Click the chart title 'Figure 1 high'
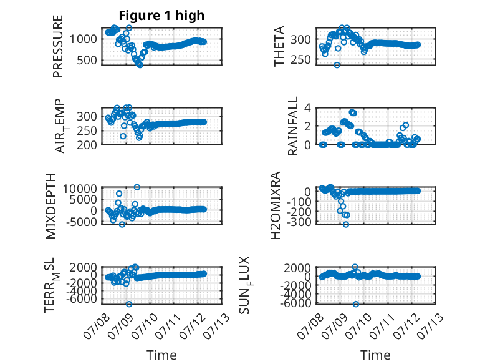pyautogui.click(x=161, y=16)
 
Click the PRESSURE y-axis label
pyautogui.click(x=58, y=46)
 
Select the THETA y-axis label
pyautogui.click(x=279, y=46)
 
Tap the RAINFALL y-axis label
pyautogui.click(x=292, y=126)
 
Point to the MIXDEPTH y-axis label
pyautogui.click(x=51, y=206)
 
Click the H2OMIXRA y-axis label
pyautogui.click(x=275, y=205)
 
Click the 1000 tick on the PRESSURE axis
pyautogui.click(x=83, y=39)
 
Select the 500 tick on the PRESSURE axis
pyautogui.click(x=87, y=61)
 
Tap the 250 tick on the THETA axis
pyautogui.click(x=301, y=59)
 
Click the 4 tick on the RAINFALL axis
pyautogui.click(x=307, y=108)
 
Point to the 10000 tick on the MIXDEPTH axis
pyautogui.click(x=80, y=189)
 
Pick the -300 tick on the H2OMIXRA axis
pyautogui.click(x=299, y=222)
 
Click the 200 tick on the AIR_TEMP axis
pyautogui.click(x=87, y=145)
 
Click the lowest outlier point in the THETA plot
pyautogui.click(x=337, y=65)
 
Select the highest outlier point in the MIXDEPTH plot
pyautogui.click(x=137, y=187)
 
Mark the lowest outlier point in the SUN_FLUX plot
pyautogui.click(x=356, y=304)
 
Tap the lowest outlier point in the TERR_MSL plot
pyautogui.click(x=129, y=304)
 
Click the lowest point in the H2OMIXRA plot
pyautogui.click(x=346, y=224)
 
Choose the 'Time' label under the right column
pyautogui.click(x=375, y=355)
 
